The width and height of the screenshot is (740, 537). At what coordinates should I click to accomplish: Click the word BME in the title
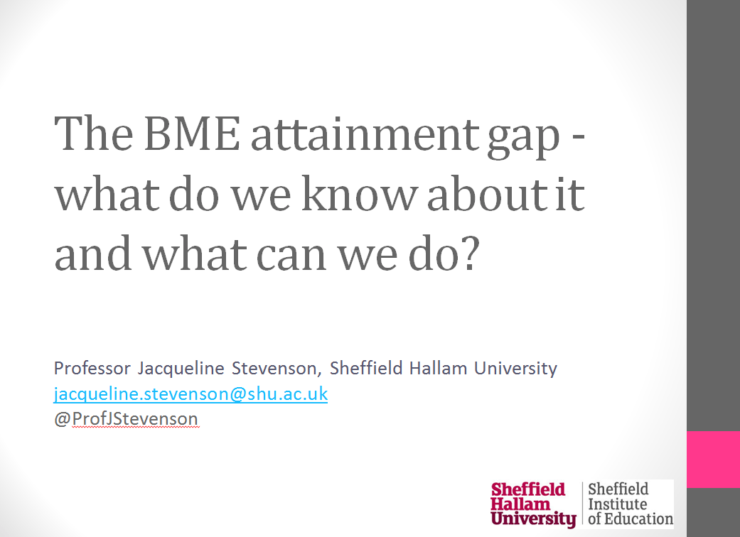click(192, 133)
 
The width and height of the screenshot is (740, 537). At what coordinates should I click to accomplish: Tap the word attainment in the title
click(365, 134)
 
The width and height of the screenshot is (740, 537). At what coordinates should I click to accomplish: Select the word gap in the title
click(523, 139)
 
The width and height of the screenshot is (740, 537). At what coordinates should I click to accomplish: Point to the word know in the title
click(359, 193)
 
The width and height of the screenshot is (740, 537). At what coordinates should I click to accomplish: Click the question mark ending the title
click(471, 253)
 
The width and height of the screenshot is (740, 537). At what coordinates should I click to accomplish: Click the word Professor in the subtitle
click(92, 368)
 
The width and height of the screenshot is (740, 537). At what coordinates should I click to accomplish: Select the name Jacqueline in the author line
click(181, 368)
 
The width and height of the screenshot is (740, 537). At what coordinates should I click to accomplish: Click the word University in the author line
click(515, 369)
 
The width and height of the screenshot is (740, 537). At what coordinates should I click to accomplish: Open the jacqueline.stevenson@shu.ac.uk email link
click(191, 394)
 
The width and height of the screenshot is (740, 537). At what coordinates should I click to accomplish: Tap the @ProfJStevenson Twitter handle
click(126, 418)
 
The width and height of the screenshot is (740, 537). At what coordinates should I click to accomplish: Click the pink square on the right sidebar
click(713, 459)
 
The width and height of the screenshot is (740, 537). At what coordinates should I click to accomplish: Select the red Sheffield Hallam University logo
click(533, 504)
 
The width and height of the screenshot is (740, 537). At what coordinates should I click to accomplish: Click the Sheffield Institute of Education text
click(631, 504)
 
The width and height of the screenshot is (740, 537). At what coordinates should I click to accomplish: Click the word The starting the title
click(93, 133)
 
